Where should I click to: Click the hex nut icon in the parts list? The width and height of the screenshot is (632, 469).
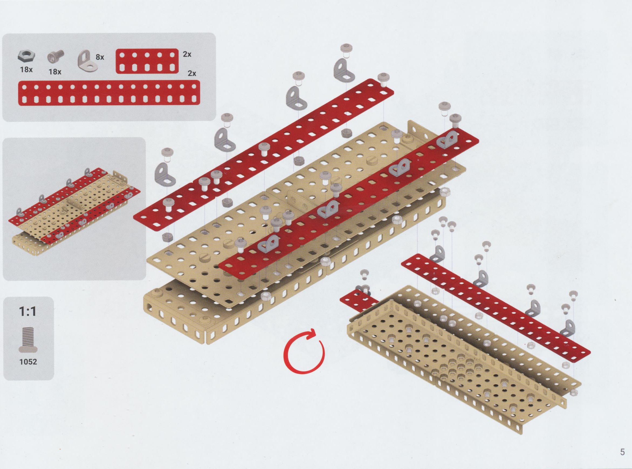coord(26,56)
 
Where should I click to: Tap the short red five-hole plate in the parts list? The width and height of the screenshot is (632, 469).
coord(147,62)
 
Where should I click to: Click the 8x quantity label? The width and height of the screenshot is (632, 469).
coord(100,57)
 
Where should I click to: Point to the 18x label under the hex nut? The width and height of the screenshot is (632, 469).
coord(26,69)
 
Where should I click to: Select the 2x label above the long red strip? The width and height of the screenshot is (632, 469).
coord(192,73)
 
